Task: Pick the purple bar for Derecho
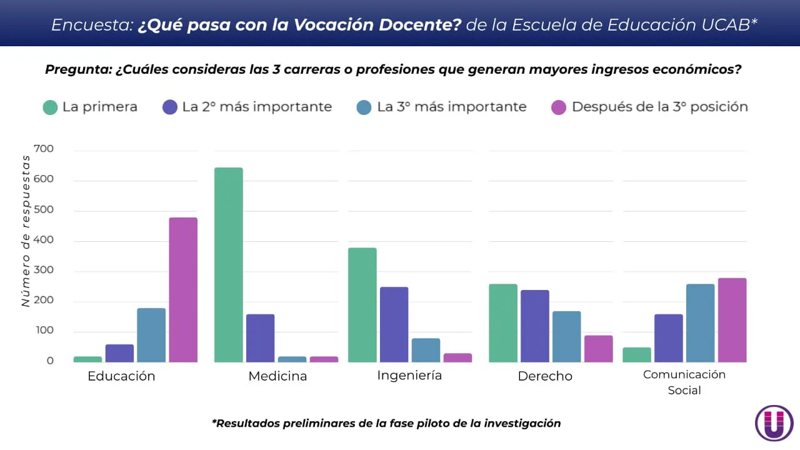coord(534,326)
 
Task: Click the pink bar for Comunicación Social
coord(732,320)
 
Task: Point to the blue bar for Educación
coord(151,335)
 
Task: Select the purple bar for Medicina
coord(260,337)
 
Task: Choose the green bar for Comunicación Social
coord(636,354)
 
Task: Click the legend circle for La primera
coord(50,107)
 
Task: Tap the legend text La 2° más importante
coord(257,107)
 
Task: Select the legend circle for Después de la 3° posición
coord(558,107)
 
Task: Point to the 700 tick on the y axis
coord(44,149)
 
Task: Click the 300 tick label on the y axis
coord(44,271)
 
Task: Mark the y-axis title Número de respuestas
coord(26,232)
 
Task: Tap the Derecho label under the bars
coord(545,376)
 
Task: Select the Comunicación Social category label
coord(684,382)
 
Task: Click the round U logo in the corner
coord(774,423)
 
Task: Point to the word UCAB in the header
coord(730,24)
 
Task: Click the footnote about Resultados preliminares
coord(386,423)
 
